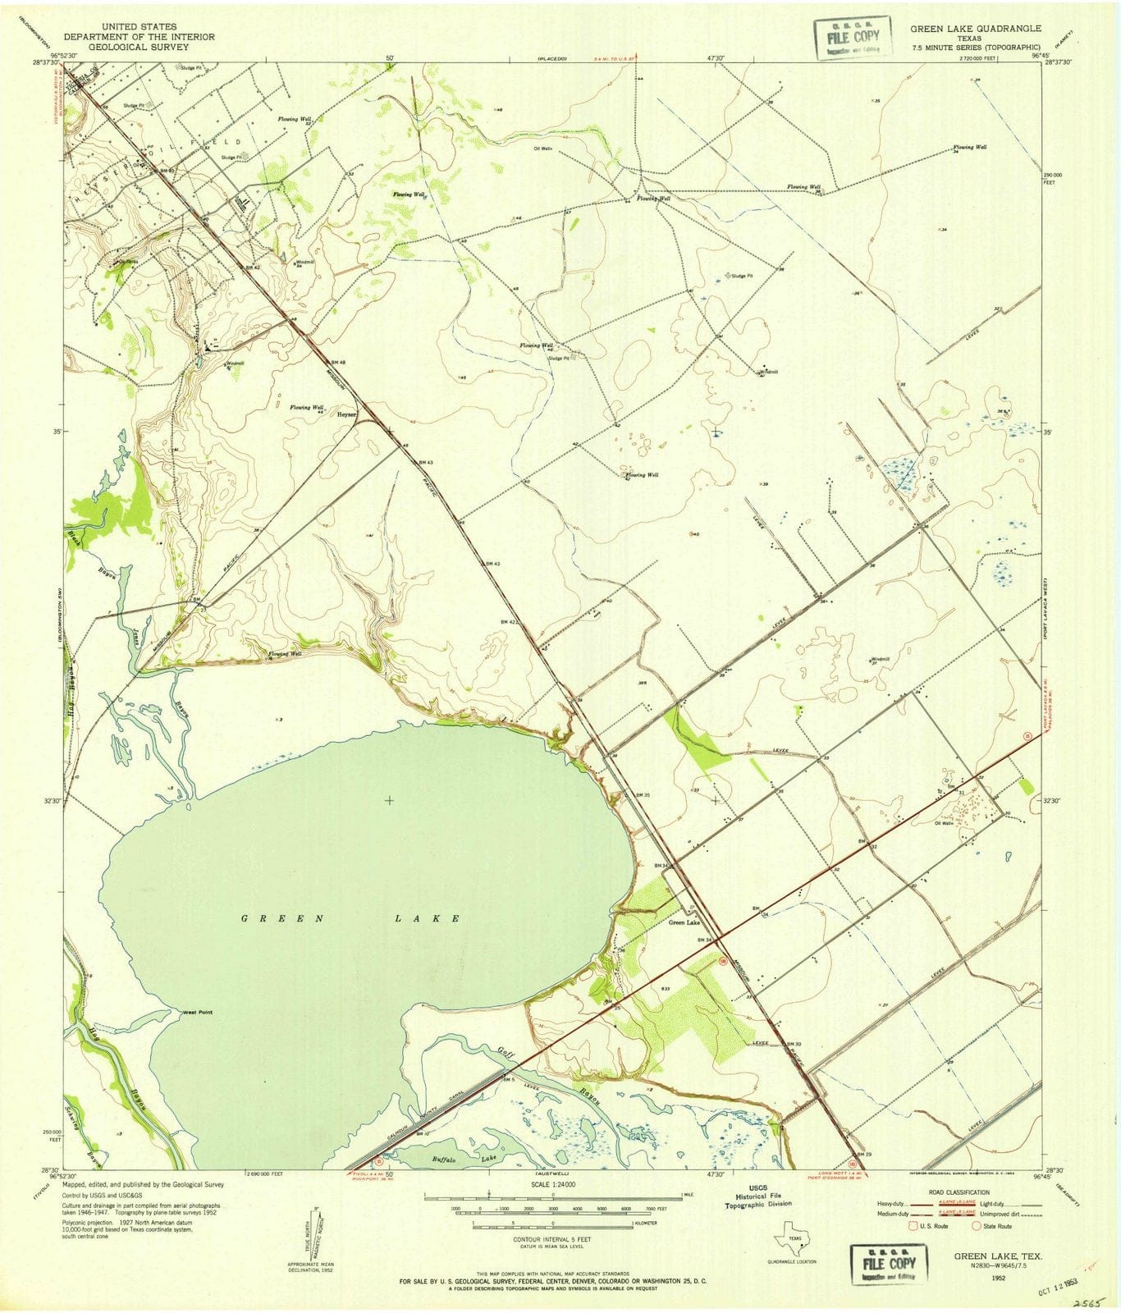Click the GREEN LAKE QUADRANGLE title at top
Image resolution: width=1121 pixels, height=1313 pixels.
point(975,28)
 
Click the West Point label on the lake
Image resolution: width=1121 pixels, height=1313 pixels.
point(197,1013)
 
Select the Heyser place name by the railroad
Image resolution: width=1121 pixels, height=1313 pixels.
point(346,414)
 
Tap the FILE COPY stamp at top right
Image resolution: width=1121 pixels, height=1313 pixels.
point(851,38)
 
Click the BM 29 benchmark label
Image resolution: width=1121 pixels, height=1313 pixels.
point(862,1155)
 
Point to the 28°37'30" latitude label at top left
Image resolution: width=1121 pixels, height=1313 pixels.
point(48,62)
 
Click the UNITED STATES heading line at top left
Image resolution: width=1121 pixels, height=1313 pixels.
point(140,27)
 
